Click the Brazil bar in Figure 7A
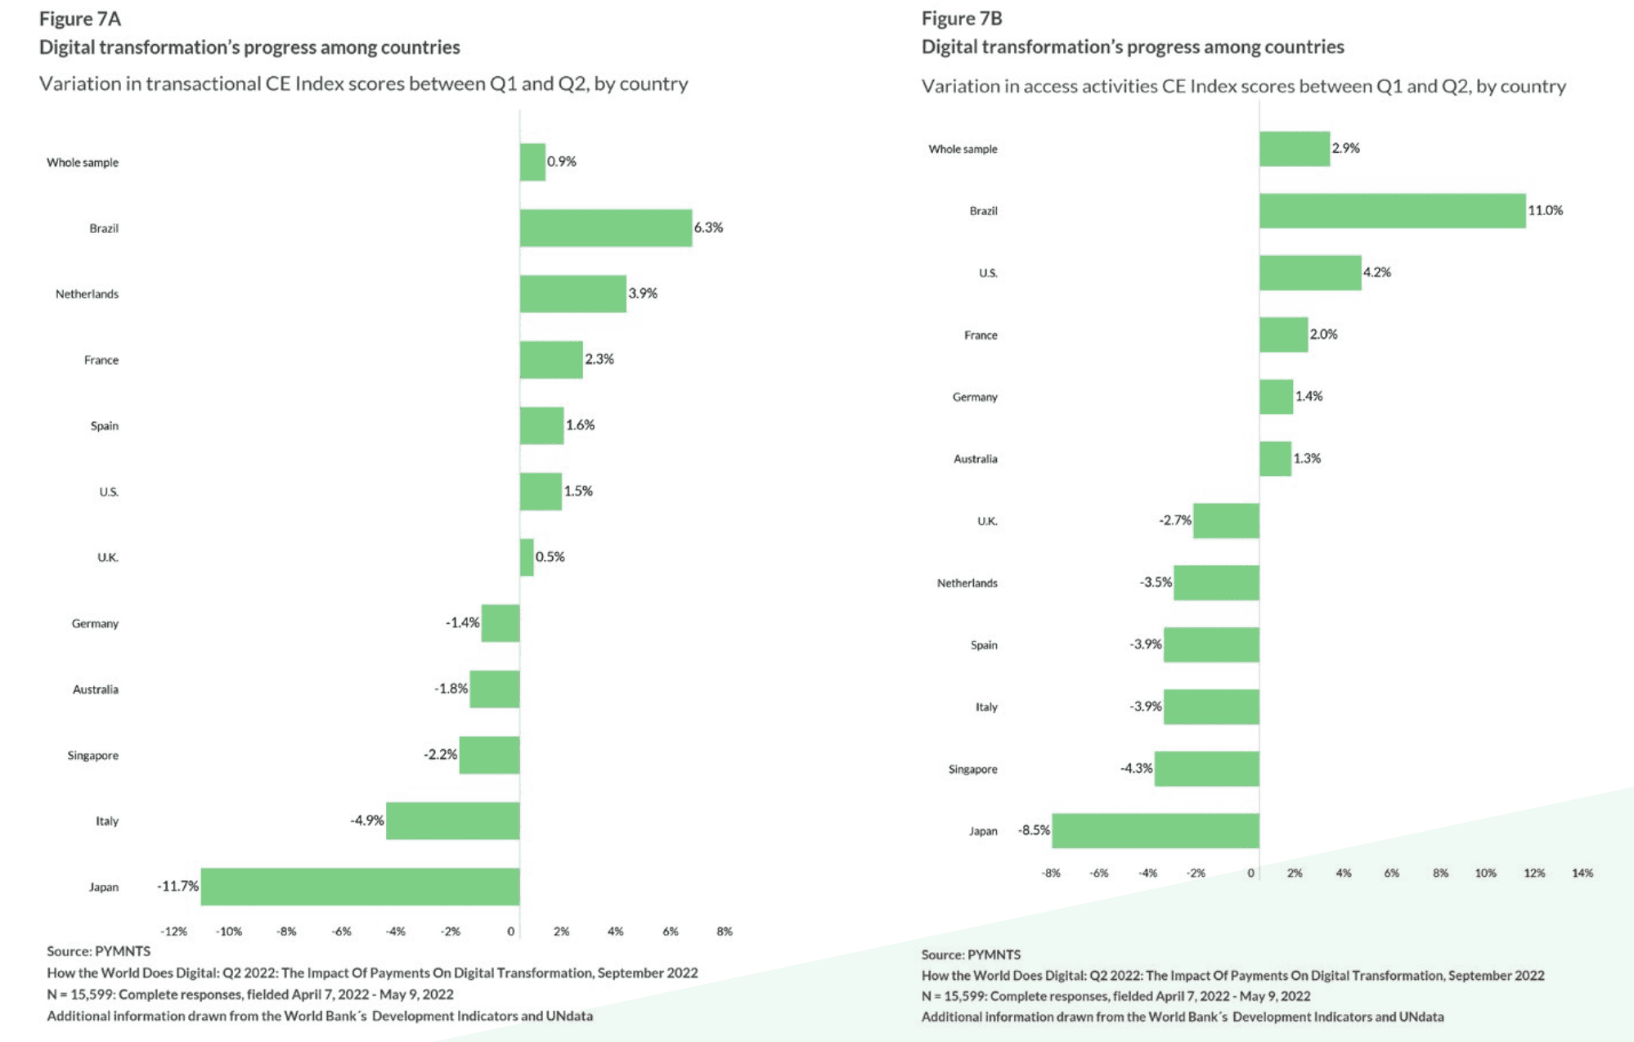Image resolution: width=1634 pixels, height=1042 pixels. point(605,228)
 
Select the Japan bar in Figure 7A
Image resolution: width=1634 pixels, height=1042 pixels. point(360,887)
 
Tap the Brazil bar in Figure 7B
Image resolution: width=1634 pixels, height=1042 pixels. point(1392,211)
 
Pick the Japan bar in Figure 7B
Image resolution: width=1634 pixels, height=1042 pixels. point(1155,831)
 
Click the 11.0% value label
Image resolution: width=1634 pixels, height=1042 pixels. point(1545,211)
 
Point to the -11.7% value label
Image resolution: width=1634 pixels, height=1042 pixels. point(177,887)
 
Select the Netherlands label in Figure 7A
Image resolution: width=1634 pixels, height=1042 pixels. point(87,294)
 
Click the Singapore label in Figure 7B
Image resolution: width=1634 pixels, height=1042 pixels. point(972,770)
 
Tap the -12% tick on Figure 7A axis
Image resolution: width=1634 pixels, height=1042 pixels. point(173,932)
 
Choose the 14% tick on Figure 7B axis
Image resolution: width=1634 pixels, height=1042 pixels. point(1582,874)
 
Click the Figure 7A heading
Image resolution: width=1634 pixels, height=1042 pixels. point(80,19)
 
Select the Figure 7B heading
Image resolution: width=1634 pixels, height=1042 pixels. point(962,19)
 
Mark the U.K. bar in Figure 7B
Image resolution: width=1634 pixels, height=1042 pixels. point(1226,521)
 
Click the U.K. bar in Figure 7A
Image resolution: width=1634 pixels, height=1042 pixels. point(527,558)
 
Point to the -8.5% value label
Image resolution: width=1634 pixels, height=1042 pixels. point(1034,831)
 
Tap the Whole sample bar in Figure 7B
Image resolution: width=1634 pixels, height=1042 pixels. point(1294,149)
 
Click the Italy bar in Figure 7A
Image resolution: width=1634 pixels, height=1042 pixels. point(452,821)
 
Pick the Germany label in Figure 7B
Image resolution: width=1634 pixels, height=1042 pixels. point(975,397)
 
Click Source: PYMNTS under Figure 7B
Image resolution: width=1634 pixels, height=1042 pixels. point(971,955)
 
